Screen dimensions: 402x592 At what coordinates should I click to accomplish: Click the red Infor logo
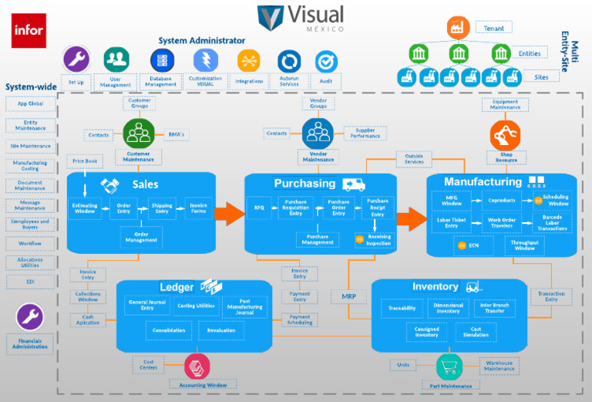click(29, 30)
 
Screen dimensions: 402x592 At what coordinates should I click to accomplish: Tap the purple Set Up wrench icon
click(76, 59)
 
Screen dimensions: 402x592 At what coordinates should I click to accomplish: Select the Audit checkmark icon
click(326, 62)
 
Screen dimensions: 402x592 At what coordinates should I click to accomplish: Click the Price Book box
click(85, 161)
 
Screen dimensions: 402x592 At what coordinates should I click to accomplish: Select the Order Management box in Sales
click(141, 238)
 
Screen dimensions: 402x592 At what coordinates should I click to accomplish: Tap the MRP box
click(348, 296)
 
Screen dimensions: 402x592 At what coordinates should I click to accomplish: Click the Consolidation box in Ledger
click(169, 330)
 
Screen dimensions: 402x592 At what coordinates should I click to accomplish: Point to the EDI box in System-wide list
click(30, 282)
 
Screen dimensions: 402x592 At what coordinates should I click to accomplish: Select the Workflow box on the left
click(30, 243)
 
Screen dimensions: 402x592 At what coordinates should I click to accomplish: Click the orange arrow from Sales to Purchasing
click(230, 214)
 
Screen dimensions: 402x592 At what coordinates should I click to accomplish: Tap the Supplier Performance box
click(365, 133)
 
